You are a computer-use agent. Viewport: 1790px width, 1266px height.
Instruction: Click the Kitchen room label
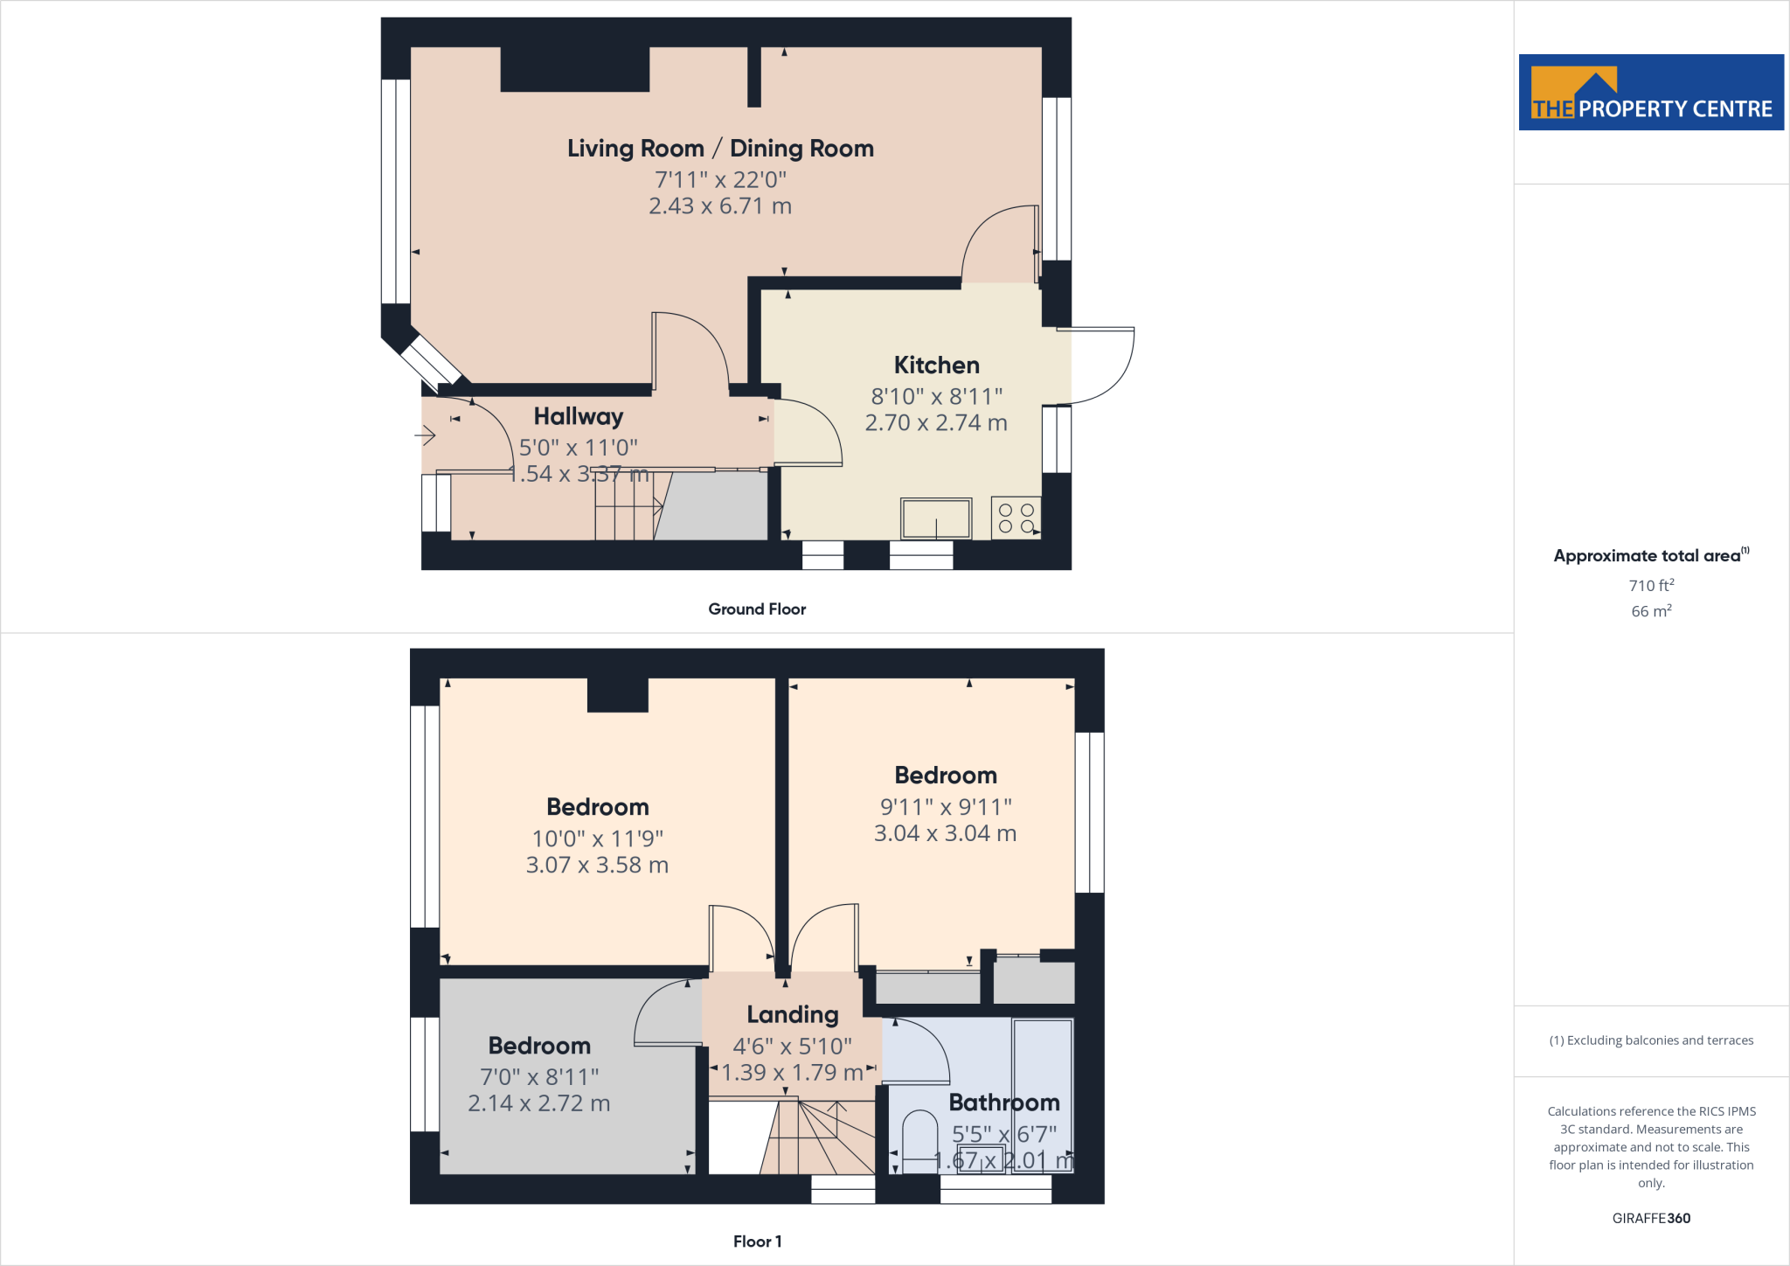tap(936, 365)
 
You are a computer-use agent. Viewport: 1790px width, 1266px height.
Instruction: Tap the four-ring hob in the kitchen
tap(1016, 518)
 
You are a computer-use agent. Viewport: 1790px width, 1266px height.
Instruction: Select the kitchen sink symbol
tap(935, 518)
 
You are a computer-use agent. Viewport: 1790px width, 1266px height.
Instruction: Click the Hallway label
tap(579, 416)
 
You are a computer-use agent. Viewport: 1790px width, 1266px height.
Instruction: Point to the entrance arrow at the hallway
tap(425, 435)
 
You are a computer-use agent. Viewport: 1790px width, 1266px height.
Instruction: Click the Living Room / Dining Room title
tap(720, 149)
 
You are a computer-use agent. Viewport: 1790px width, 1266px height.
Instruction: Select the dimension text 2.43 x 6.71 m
tap(720, 206)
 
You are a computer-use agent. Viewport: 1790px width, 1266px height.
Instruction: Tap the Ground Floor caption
tap(757, 609)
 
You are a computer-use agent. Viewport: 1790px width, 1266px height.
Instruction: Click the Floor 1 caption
tap(757, 1242)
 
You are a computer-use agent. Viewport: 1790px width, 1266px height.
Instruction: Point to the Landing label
tap(793, 1014)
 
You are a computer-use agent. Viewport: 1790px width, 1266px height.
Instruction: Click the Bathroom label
tap(1004, 1103)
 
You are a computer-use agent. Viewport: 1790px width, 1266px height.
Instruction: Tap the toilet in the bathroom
tap(919, 1140)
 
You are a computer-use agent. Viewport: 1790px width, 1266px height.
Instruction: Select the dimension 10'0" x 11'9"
tap(598, 838)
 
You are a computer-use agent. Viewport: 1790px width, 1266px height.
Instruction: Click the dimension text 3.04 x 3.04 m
tap(945, 833)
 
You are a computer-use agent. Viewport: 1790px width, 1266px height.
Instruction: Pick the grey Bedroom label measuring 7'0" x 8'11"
tap(539, 1046)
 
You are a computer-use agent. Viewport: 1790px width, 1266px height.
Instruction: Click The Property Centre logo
tap(1651, 93)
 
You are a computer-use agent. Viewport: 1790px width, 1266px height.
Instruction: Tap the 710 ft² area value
tap(1651, 585)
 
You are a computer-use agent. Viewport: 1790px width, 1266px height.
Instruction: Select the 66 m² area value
tap(1651, 611)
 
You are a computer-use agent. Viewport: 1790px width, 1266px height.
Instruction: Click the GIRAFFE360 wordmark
tap(1651, 1218)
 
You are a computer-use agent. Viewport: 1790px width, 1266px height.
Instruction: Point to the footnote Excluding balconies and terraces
tap(1651, 1040)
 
